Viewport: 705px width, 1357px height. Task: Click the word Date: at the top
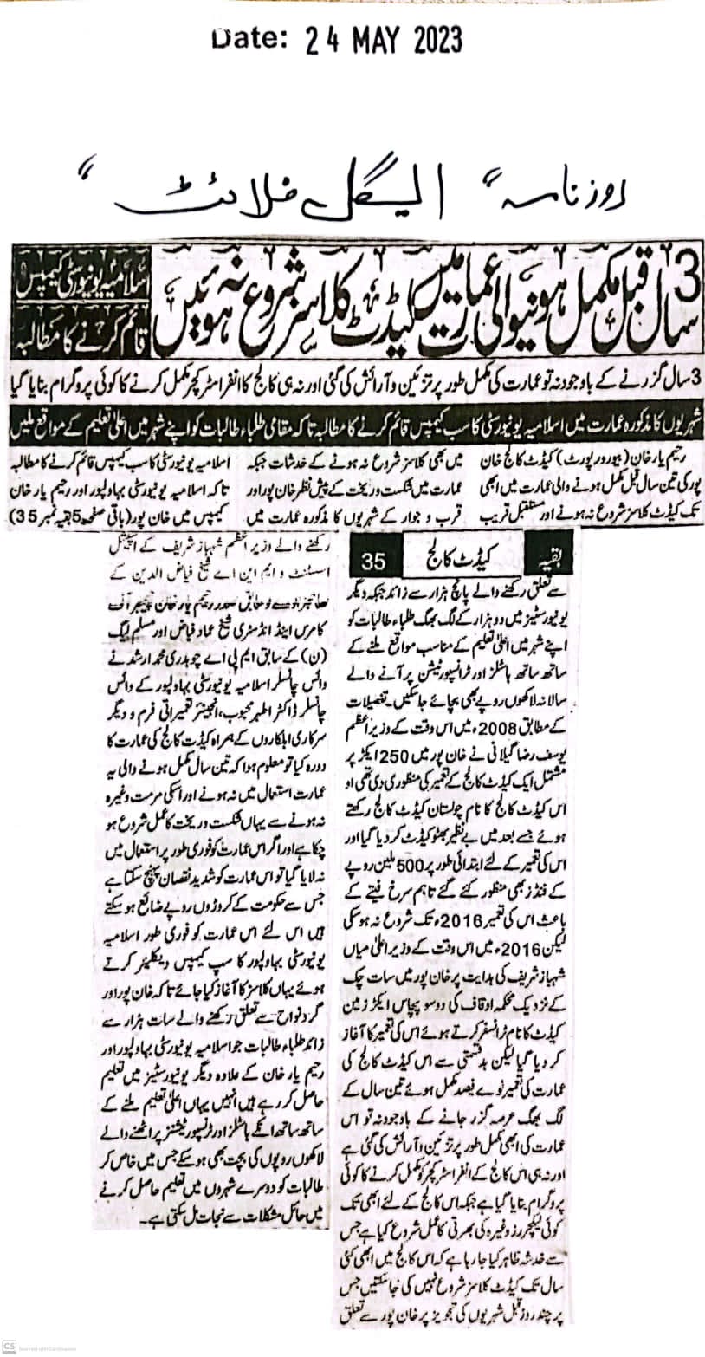[249, 39]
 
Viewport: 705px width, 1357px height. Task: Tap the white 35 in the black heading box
[376, 561]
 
